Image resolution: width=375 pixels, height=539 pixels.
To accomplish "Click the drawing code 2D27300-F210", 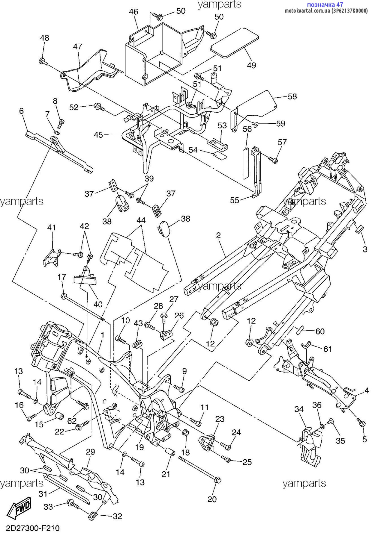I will (x=33, y=528).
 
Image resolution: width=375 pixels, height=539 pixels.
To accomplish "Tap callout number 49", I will (x=251, y=65).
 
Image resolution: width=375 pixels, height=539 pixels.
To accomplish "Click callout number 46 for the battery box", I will (x=133, y=12).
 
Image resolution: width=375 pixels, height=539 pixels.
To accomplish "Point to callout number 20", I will (x=212, y=499).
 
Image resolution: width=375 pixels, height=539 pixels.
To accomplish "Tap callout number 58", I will (x=292, y=96).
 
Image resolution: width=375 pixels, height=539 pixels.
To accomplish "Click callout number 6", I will (x=21, y=111).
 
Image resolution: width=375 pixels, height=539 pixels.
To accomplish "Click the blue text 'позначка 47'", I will (x=325, y=4).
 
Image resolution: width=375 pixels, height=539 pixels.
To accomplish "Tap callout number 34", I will (x=299, y=409).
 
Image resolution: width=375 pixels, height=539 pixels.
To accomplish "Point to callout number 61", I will (x=328, y=349).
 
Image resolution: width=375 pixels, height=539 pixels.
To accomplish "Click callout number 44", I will (x=141, y=220).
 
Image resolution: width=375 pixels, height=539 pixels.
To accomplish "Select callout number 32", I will (x=117, y=516).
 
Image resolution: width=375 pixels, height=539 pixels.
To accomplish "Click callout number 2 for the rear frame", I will (x=218, y=235).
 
